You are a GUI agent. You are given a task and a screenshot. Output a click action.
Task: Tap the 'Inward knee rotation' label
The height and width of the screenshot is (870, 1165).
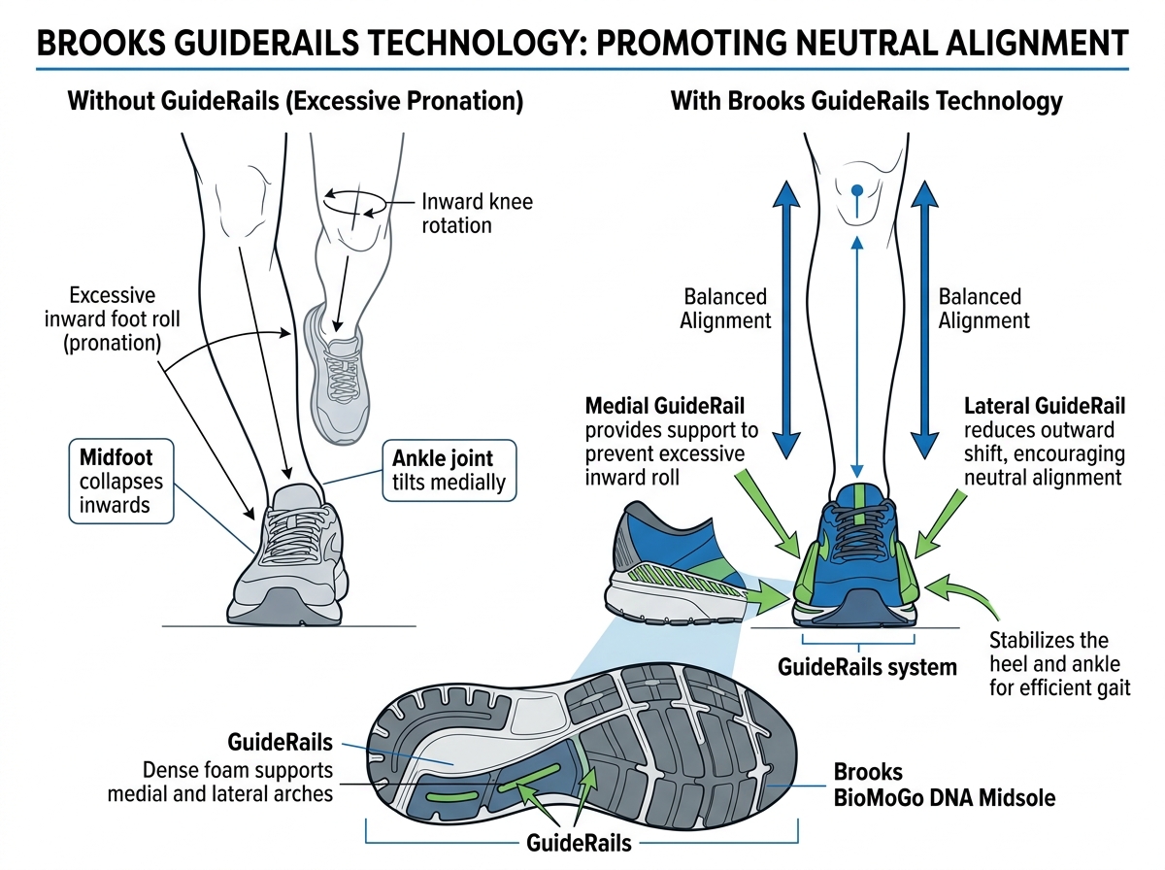[x=477, y=214]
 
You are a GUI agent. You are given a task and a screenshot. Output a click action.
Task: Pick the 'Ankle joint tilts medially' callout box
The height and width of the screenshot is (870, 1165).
[x=450, y=470]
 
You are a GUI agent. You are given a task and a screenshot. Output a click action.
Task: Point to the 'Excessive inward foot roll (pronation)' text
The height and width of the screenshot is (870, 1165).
[x=112, y=319]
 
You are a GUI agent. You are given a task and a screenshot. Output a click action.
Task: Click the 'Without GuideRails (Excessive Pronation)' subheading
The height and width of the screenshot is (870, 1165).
[x=295, y=101]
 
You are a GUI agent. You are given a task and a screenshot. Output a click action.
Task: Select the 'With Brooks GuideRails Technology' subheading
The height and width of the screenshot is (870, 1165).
[x=866, y=101]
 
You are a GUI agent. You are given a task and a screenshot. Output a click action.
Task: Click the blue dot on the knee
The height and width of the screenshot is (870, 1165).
[x=856, y=190]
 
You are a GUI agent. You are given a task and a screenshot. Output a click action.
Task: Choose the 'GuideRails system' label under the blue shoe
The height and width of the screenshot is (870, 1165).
[x=867, y=667]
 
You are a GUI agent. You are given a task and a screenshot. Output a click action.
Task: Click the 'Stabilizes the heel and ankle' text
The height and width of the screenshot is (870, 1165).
[x=1048, y=652]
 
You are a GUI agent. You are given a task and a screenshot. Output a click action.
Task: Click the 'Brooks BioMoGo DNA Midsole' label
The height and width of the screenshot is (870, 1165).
[x=944, y=786]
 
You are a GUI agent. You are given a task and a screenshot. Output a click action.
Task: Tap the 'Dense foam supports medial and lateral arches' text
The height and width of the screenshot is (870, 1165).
[x=238, y=782]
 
